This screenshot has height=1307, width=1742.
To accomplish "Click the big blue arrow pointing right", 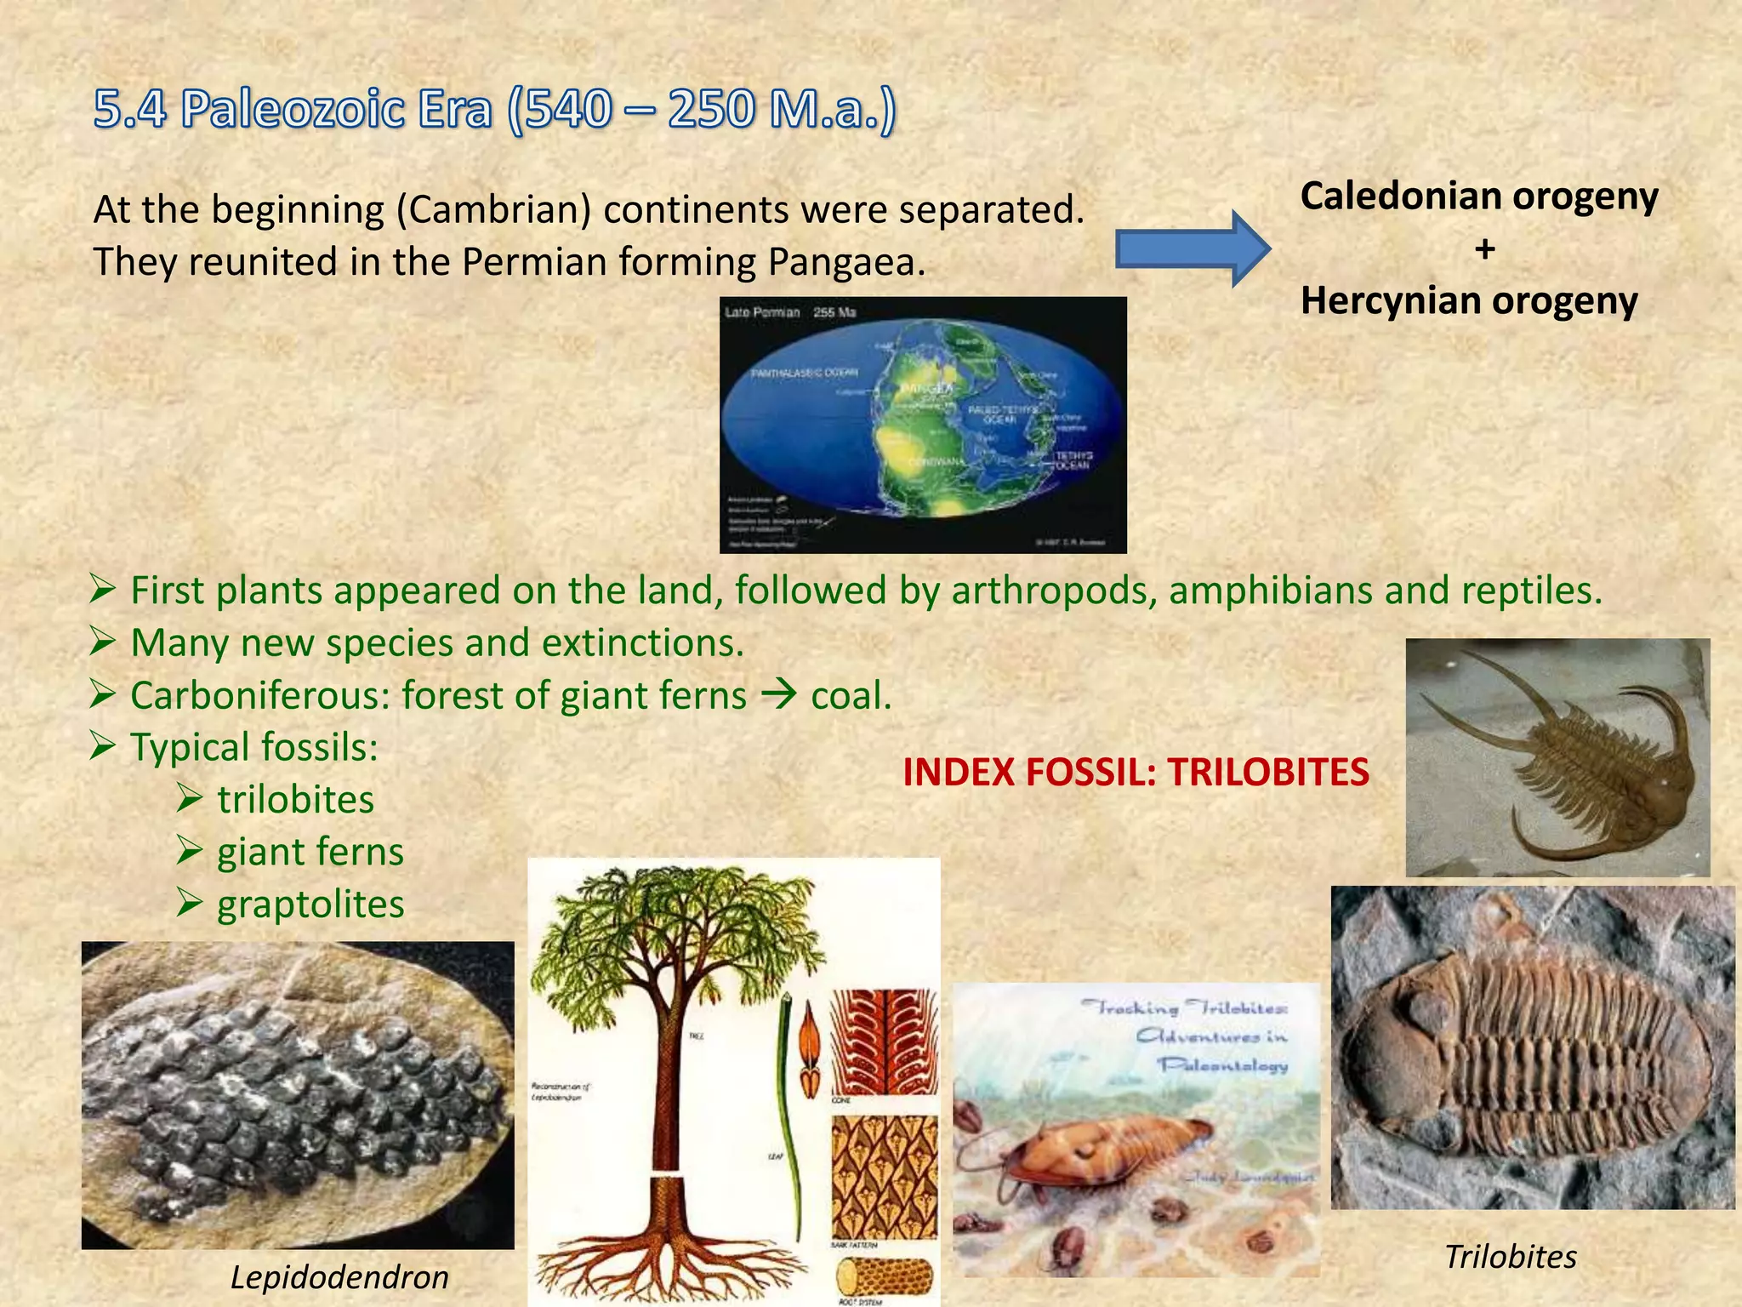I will [1191, 249].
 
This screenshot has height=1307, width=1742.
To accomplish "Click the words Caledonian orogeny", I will [1478, 197].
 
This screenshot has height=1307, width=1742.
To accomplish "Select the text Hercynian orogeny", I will [1468, 301].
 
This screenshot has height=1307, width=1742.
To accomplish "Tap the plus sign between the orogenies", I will [1484, 249].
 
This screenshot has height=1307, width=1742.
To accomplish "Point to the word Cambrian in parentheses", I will [493, 209].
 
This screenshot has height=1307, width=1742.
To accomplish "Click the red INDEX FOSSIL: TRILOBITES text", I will [1135, 773].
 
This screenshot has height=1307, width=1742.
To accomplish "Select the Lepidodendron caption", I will [339, 1277].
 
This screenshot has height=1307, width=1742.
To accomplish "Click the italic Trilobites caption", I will [1511, 1257].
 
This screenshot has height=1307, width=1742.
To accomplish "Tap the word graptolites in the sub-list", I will [310, 905].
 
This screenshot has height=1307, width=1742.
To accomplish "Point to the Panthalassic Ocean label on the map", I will [804, 373].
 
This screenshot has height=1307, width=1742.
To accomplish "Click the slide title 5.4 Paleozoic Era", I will [493, 111].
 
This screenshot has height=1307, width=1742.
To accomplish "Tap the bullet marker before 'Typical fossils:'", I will [102, 748].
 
